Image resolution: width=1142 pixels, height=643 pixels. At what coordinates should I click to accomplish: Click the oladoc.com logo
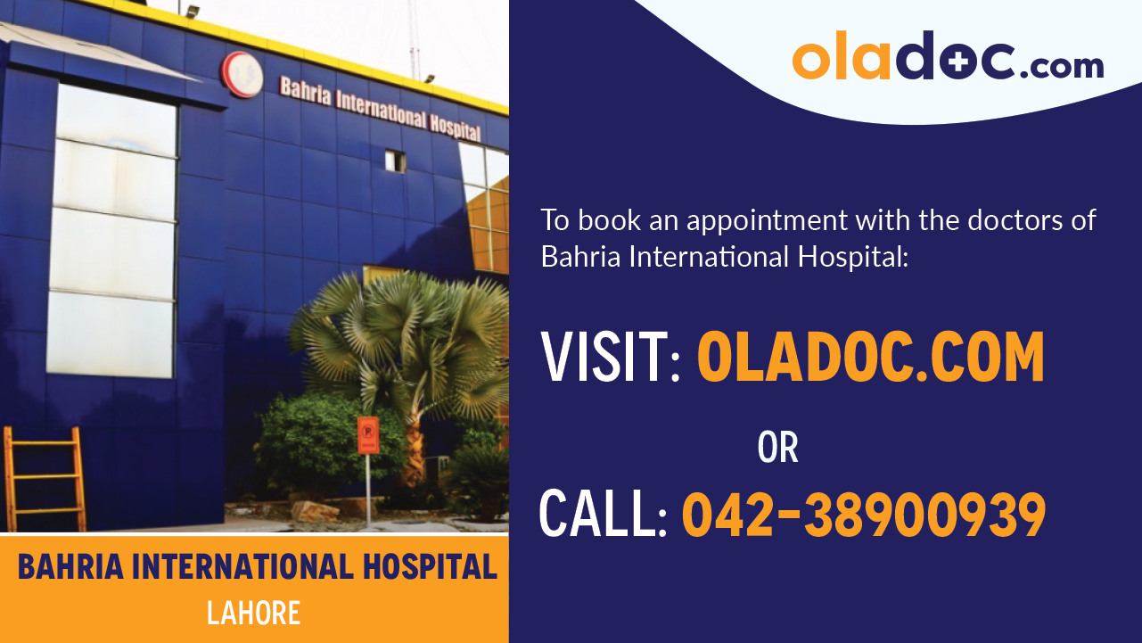click(947, 57)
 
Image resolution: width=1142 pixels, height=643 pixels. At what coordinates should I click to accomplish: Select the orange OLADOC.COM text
click(870, 358)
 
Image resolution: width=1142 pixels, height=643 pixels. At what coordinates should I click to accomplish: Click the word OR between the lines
click(777, 448)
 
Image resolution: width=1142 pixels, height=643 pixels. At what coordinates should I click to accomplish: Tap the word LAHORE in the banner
click(253, 614)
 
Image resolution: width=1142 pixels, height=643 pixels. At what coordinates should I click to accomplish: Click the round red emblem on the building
click(242, 74)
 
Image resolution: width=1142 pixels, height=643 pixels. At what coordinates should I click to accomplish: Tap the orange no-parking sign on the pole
click(367, 435)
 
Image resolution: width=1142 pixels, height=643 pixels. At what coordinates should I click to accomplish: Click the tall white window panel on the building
click(113, 232)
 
